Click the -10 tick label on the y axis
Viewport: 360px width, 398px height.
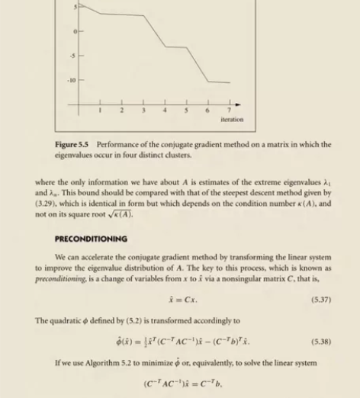pos(75,80)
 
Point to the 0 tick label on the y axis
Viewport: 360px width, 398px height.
pos(76,30)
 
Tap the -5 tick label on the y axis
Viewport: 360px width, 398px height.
pos(75,56)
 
